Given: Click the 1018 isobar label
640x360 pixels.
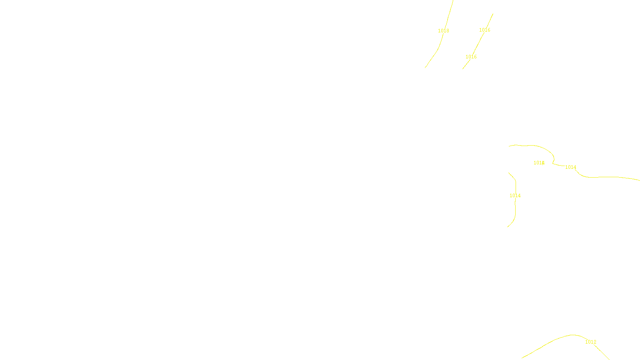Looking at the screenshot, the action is [x=443, y=31].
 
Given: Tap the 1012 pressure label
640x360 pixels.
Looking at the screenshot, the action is [x=590, y=342].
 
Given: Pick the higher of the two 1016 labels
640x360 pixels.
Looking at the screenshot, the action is [x=484, y=30].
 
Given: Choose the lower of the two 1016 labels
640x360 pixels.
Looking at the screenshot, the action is [x=471, y=57].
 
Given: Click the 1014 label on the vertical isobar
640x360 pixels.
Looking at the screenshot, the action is [x=515, y=196].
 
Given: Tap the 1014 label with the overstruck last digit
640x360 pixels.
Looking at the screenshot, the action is [x=539, y=163].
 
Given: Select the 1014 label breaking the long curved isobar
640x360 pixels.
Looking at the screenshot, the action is [x=570, y=167].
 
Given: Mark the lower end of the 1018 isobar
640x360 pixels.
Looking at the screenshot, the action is [x=425, y=68].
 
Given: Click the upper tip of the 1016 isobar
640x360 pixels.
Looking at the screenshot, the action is [x=493, y=14].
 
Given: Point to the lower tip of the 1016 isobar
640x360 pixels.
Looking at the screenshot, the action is [x=462, y=69].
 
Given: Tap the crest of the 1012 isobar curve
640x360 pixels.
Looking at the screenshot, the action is [x=573, y=335].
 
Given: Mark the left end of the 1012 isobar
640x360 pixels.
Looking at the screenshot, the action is [x=522, y=358].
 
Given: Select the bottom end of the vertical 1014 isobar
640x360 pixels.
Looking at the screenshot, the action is [x=508, y=227].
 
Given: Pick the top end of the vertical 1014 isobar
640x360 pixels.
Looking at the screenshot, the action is [x=509, y=173].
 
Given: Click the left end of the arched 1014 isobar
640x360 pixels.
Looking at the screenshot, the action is [x=509, y=146].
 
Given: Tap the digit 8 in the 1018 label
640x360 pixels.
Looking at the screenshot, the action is [x=448, y=31].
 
